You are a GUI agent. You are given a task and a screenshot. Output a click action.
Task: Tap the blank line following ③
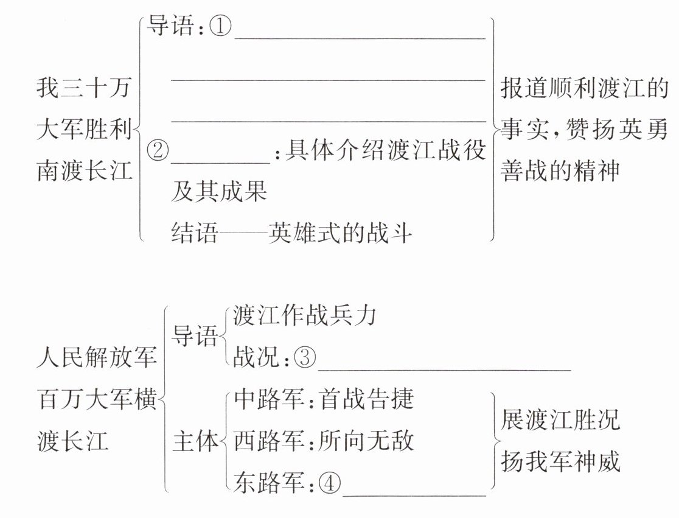444,367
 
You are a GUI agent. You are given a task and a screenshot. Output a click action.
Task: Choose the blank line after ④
414,493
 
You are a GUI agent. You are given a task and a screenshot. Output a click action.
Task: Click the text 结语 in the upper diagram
194,233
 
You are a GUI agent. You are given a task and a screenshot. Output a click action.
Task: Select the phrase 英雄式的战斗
340,233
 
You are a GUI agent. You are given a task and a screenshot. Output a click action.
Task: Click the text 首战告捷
366,399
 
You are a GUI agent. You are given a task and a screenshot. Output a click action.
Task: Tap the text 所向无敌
366,441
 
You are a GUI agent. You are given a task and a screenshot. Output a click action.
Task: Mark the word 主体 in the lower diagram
195,441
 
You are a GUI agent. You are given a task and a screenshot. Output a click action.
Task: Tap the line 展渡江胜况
560,419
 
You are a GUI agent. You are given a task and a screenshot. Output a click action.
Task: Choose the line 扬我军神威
560,461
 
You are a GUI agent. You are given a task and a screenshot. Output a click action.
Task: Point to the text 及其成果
219,191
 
